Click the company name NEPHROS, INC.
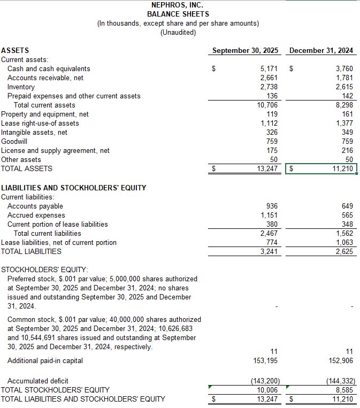pos(178,5)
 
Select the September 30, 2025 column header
pos(245,51)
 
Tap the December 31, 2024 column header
pos(321,51)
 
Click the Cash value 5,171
pos(269,69)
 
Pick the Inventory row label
pos(21,87)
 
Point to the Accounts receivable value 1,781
pos(344,78)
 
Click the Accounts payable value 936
pos(272,206)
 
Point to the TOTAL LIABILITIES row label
pos(31,251)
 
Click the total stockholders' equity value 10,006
pos(266,390)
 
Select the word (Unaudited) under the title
pos(178,32)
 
